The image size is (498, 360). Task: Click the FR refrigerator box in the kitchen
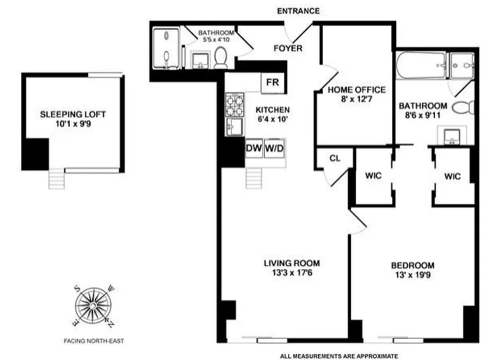[x=272, y=83]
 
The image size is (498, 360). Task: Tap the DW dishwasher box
[x=254, y=148]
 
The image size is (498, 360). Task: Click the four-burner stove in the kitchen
[x=234, y=105]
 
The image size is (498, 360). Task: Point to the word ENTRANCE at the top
[x=298, y=11]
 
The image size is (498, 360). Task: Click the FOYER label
[x=288, y=48]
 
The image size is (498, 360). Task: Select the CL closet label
[x=335, y=158]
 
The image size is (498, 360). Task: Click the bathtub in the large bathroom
[x=421, y=66]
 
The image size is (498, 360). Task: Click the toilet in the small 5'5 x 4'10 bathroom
[x=220, y=58]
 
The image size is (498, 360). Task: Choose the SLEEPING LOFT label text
[x=73, y=114]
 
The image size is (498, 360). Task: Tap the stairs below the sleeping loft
[x=57, y=179]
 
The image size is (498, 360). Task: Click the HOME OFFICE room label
[x=357, y=90]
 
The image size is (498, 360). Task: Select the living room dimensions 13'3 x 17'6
[x=292, y=272]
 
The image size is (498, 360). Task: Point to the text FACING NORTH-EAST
[x=93, y=341]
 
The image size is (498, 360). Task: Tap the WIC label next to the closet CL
[x=374, y=176]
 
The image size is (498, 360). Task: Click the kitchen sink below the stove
[x=234, y=126]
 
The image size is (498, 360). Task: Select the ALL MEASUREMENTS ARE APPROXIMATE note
[x=339, y=356]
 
